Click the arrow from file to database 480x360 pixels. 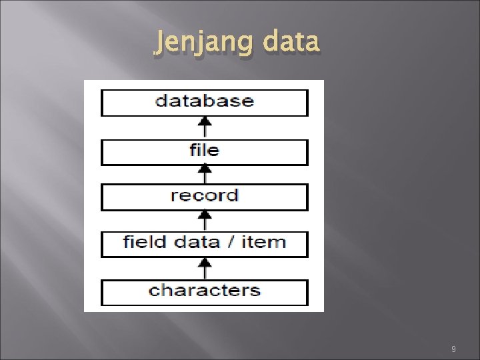[205, 127]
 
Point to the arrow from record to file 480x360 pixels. [205, 174]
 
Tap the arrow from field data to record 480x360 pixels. [205, 221]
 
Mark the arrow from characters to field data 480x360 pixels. [205, 268]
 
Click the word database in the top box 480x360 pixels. [204, 101]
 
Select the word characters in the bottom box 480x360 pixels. [204, 291]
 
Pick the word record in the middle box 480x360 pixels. [204, 196]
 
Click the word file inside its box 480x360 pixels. [204, 149]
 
